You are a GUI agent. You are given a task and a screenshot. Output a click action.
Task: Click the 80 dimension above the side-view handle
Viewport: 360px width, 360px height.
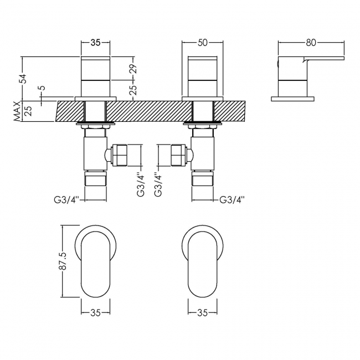[310, 42]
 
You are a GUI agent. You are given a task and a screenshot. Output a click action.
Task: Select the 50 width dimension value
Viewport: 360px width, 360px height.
[203, 42]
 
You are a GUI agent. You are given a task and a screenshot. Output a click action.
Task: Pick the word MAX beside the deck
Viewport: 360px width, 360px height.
[18, 111]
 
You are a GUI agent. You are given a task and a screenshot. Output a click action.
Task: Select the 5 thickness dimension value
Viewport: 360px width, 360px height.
[40, 89]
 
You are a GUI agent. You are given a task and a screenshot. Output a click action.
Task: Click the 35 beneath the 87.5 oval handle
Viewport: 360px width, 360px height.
[95, 312]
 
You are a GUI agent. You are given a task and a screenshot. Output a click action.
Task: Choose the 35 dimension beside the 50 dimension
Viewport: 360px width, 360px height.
[95, 42]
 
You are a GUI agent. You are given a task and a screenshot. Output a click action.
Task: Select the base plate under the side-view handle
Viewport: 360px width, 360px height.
[292, 99]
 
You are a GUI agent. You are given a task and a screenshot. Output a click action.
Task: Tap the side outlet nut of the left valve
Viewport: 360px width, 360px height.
[120, 156]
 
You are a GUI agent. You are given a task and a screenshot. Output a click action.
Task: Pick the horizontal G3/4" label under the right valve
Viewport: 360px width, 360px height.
[232, 199]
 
